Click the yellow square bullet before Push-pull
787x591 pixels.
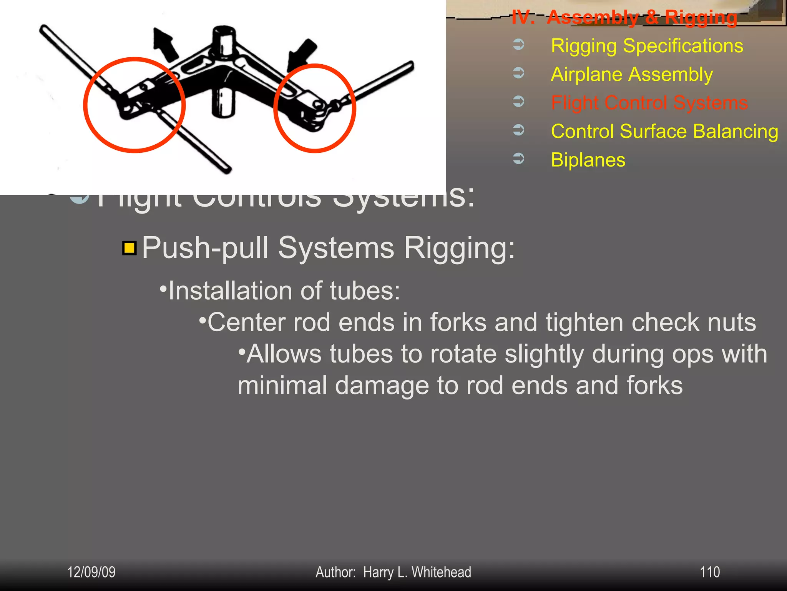coord(130,248)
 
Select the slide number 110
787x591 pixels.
coord(709,572)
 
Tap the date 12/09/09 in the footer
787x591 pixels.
coord(91,572)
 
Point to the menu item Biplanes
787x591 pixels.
coord(588,160)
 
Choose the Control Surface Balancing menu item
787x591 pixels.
coord(664,131)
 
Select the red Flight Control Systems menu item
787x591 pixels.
coord(649,103)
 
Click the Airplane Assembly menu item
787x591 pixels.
coord(632,74)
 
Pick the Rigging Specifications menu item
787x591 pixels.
coord(647,46)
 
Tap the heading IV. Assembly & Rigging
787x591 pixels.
coord(624,17)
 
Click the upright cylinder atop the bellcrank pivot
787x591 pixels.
coord(224,40)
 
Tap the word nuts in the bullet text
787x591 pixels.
coord(731,322)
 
